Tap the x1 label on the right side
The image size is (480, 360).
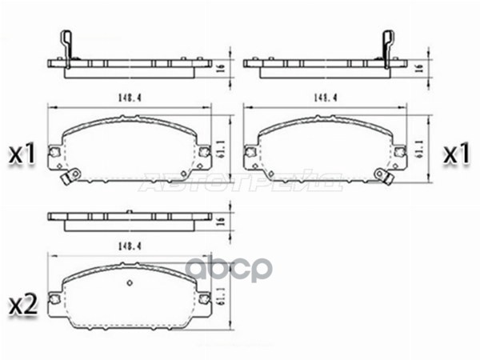pyautogui.click(x=456, y=154)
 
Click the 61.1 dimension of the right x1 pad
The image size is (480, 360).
pyautogui.click(x=418, y=149)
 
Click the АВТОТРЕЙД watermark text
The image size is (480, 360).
pyautogui.click(x=240, y=183)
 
